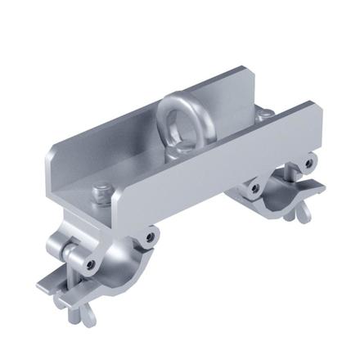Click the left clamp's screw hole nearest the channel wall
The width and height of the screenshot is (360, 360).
tap(149, 238)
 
